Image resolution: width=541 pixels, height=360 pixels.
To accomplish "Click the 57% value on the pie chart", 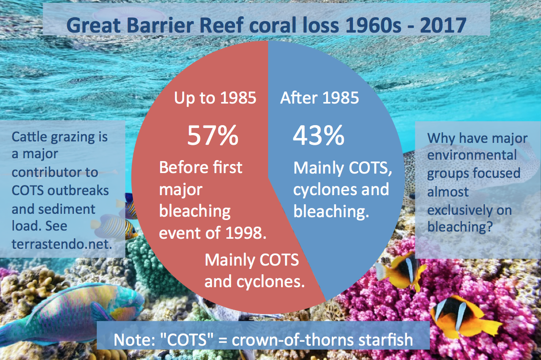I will (x=212, y=136).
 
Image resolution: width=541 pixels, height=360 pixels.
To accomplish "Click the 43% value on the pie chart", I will (x=318, y=136).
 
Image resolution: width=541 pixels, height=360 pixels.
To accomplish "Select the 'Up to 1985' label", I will (x=215, y=98).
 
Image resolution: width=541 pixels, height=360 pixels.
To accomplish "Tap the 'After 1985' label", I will (x=319, y=98).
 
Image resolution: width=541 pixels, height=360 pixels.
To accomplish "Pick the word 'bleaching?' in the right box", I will (x=460, y=228).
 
